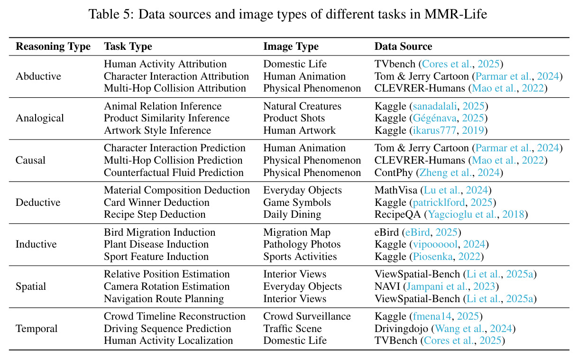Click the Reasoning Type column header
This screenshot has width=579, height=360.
(53, 46)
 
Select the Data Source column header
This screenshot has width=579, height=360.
(403, 46)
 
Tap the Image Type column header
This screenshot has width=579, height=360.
(291, 46)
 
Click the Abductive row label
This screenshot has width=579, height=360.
(38, 76)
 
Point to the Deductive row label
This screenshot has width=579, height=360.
(38, 202)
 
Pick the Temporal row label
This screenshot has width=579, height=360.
(37, 329)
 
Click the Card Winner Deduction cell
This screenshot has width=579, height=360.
(156, 202)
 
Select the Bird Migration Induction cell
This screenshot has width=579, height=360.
(159, 232)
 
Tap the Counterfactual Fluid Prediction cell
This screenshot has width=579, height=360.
(174, 173)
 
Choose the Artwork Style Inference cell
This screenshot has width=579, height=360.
(157, 130)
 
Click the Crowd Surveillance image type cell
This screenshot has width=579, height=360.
(307, 316)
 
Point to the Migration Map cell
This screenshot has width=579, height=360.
(297, 232)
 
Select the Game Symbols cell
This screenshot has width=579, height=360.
(297, 203)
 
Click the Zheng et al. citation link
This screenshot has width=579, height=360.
(445, 173)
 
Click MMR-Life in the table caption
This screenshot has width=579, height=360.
(456, 14)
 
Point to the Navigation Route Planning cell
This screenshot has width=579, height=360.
(164, 299)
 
